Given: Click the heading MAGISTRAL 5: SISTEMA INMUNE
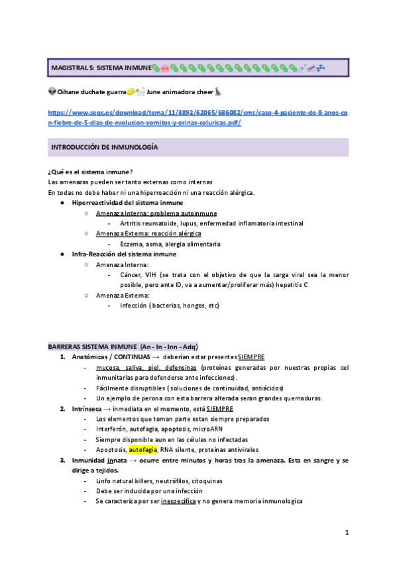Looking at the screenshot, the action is (x=101, y=68).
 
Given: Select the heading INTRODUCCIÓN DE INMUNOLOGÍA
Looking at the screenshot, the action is (x=104, y=146).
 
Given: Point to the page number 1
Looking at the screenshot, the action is (x=347, y=532).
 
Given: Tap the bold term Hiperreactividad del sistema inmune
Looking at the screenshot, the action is (x=128, y=203).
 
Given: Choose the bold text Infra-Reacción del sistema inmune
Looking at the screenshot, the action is (x=124, y=254).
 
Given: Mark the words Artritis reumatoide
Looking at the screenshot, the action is (x=146, y=224).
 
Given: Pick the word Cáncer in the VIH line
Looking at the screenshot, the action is (x=133, y=274).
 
